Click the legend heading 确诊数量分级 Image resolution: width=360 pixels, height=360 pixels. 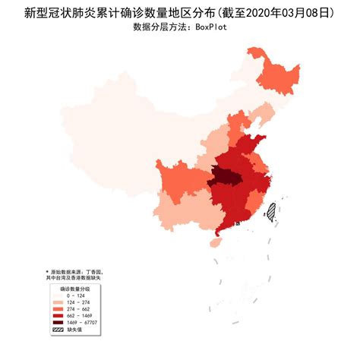(x=74, y=289)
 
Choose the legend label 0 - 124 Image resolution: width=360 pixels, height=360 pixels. (x=75, y=296)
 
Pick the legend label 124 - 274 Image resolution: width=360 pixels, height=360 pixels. (x=77, y=303)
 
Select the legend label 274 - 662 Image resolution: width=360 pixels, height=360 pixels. (x=77, y=310)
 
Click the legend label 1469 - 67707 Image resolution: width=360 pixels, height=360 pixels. (x=81, y=324)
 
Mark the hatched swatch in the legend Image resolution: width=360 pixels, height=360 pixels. (x=58, y=330)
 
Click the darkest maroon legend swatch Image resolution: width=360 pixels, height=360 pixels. (x=58, y=324)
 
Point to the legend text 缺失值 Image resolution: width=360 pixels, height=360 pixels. (x=74, y=330)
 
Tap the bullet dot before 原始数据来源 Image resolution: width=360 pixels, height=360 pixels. (x=47, y=271)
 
